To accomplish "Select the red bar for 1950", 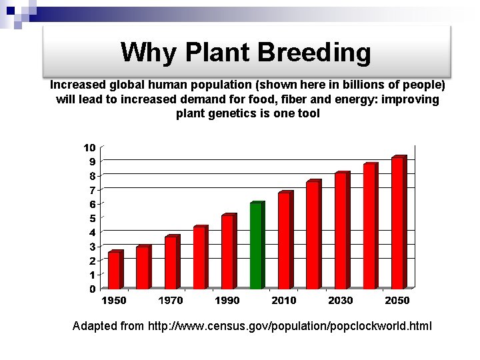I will tap(114, 270).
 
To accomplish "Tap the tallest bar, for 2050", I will tap(398, 223).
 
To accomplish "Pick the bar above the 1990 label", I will tap(228, 252).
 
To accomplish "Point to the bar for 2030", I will tap(341, 231).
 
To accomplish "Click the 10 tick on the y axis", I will tap(89, 147).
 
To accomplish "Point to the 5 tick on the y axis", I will tap(92, 218).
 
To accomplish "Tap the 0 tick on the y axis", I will tap(92, 289).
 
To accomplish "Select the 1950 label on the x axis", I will tap(113, 301).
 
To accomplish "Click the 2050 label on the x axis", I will tap(397, 301).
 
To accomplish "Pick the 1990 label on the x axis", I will tap(227, 301).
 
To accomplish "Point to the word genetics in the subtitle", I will tap(227, 113).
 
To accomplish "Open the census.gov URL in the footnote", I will tap(289, 326).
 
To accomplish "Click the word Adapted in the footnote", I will tap(95, 326).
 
